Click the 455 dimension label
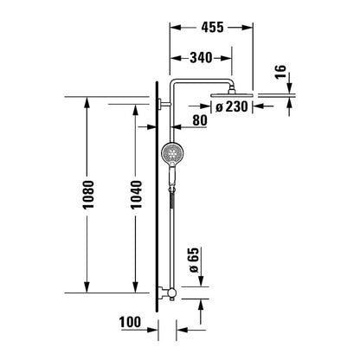(x=212, y=27)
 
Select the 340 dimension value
(x=201, y=58)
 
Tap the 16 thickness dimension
(x=280, y=72)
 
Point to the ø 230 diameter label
(x=232, y=106)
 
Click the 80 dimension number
(x=200, y=120)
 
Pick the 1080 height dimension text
(x=88, y=195)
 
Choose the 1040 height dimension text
(x=137, y=195)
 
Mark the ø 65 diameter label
(x=194, y=260)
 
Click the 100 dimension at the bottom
(x=130, y=322)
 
